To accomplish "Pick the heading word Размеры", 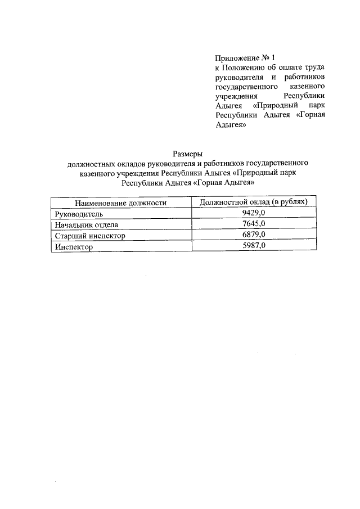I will tap(186, 154).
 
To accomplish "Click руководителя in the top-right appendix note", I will tap(240, 76).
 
